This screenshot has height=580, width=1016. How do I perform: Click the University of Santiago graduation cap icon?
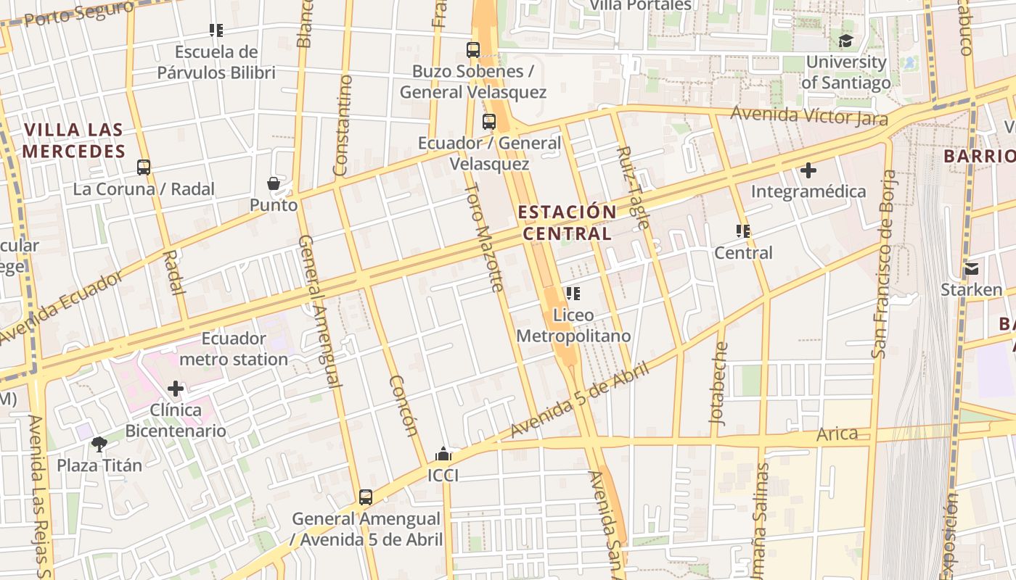tap(845, 41)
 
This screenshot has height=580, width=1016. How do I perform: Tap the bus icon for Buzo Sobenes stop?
tap(473, 50)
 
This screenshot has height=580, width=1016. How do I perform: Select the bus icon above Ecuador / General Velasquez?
tap(489, 122)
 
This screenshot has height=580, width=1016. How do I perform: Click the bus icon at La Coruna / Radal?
tap(144, 167)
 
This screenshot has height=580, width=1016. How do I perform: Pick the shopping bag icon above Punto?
tap(274, 183)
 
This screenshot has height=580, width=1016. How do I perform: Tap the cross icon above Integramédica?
tap(808, 170)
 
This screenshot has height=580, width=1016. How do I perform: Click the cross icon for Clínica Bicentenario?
tap(176, 389)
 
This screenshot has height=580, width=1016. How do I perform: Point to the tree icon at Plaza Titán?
tap(99, 444)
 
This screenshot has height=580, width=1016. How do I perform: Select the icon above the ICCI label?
tap(443, 455)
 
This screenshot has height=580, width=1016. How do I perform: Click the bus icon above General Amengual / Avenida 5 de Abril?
tap(366, 497)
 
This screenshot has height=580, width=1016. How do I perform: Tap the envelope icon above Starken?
tap(971, 269)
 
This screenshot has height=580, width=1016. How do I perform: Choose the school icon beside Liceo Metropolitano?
tap(573, 294)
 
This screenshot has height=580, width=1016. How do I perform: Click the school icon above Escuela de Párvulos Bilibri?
tap(216, 30)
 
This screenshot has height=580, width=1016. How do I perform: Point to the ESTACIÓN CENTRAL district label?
tap(567, 223)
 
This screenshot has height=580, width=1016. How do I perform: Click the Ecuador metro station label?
tap(234, 349)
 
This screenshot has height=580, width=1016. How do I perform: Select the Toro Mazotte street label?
tap(484, 237)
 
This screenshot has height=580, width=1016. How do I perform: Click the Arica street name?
tap(837, 434)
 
